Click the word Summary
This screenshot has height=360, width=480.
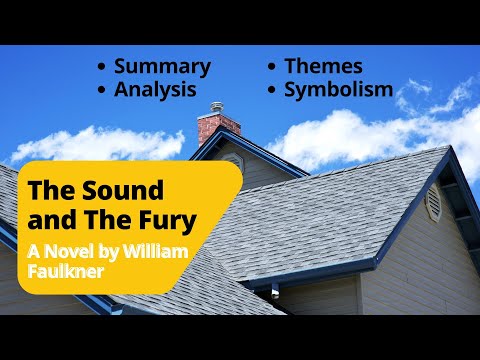[162, 67]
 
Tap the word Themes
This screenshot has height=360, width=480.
[323, 67]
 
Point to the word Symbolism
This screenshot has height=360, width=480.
[338, 90]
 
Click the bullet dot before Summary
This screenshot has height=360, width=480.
[102, 68]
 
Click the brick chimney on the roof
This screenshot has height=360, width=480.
[218, 129]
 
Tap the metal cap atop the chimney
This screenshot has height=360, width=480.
[217, 106]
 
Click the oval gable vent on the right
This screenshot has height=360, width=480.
[432, 203]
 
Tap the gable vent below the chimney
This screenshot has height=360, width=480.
[232, 160]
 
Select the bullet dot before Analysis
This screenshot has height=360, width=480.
[102, 91]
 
